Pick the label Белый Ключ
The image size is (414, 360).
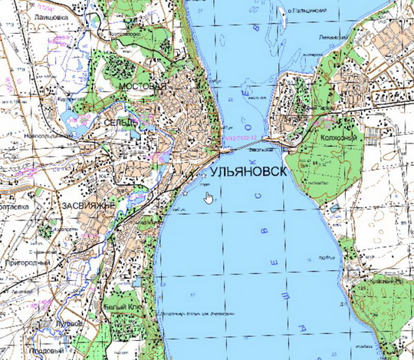click(120, 306)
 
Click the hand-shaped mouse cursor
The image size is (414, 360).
click(209, 198)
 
